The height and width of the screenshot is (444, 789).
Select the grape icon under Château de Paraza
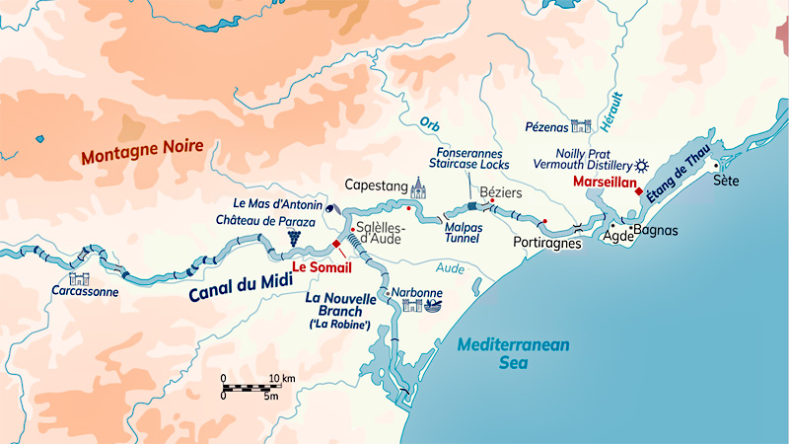click(293, 238)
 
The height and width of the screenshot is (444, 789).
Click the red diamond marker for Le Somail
click(336, 244)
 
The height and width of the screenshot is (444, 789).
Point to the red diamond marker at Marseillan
click(639, 191)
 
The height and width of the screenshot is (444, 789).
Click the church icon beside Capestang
click(418, 186)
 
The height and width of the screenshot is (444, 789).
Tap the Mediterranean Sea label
click(514, 353)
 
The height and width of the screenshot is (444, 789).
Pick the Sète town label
click(726, 181)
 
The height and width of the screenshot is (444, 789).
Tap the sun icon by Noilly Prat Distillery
click(643, 165)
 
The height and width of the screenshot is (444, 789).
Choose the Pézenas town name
click(546, 126)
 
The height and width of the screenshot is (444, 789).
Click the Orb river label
click(429, 124)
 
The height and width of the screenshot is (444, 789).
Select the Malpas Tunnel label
click(459, 231)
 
